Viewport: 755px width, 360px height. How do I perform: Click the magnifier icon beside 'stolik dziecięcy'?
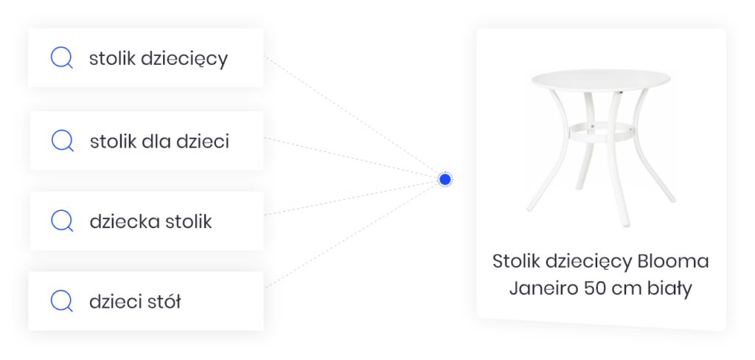tap(62, 58)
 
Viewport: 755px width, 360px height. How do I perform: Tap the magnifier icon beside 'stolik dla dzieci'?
tap(62, 141)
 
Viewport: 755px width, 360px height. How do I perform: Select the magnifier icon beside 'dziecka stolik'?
tap(62, 221)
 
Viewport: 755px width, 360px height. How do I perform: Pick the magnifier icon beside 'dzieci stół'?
tap(62, 301)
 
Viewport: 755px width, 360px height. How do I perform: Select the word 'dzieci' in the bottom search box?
tap(114, 301)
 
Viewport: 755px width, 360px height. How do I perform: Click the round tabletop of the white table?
tap(601, 80)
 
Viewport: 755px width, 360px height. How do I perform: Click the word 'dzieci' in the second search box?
tap(203, 141)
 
